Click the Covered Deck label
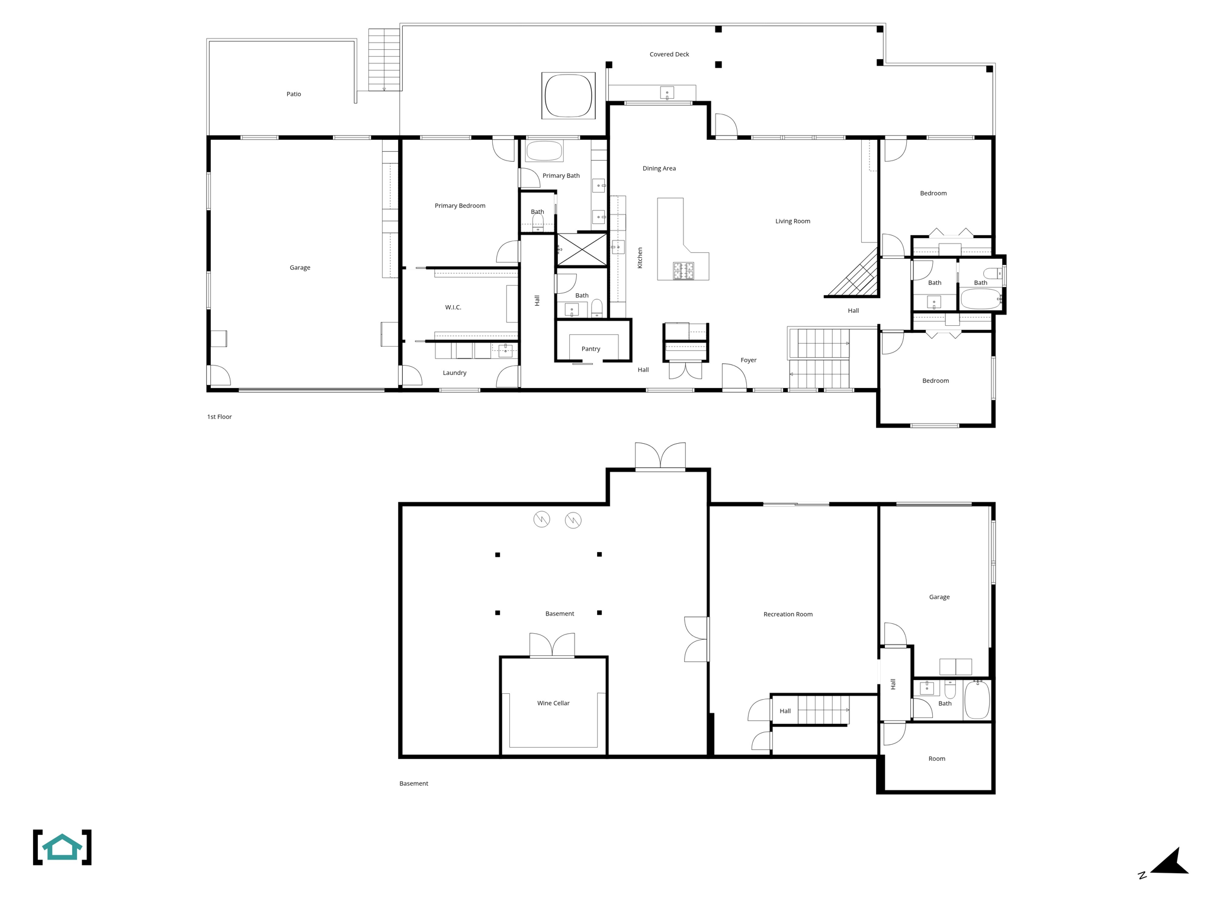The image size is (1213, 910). click(x=669, y=55)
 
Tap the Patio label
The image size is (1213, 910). click(x=294, y=94)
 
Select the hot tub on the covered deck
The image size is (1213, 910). click(x=568, y=95)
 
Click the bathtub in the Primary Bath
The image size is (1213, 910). click(x=544, y=151)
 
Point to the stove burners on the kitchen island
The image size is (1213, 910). click(x=683, y=271)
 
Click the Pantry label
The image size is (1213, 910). click(x=591, y=349)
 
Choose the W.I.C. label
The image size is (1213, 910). click(x=453, y=307)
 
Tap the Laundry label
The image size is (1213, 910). click(x=454, y=373)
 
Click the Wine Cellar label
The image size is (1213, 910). click(x=553, y=703)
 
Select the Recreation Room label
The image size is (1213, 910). click(x=788, y=614)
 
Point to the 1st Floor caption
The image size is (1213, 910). click(x=219, y=417)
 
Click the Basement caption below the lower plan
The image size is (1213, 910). click(x=413, y=784)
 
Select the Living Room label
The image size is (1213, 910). click(x=792, y=222)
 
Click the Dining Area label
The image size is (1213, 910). click(x=659, y=169)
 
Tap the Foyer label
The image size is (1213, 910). click(x=748, y=360)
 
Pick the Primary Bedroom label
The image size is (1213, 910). click(x=460, y=206)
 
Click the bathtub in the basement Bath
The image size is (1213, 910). click(x=977, y=700)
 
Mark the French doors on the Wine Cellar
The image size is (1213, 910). click(x=552, y=645)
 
